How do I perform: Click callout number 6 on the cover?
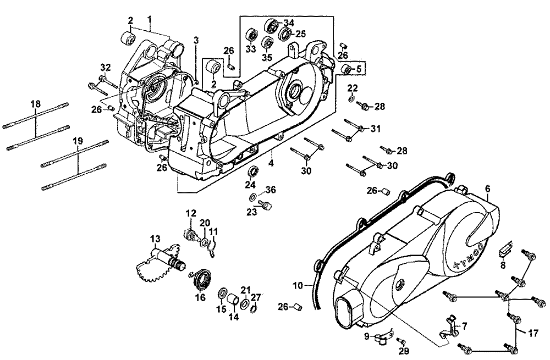click(x=487, y=189)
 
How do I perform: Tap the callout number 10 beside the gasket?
click(x=298, y=285)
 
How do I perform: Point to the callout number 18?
click(x=36, y=104)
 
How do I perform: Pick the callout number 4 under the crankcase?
click(x=271, y=163)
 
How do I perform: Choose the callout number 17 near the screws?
click(x=532, y=333)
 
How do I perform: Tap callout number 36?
click(x=269, y=190)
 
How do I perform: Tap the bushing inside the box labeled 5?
click(x=347, y=70)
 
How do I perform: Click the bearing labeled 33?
click(x=252, y=32)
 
